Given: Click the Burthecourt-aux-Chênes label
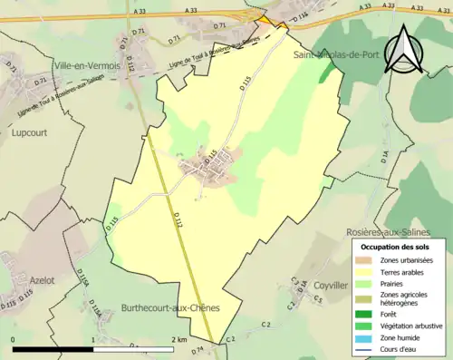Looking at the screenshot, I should pyautogui.click(x=170, y=308).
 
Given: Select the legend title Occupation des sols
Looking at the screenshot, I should pyautogui.click(x=397, y=247).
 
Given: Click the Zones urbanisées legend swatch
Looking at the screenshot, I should pyautogui.click(x=365, y=261).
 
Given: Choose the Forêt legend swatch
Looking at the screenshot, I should pyautogui.click(x=365, y=314).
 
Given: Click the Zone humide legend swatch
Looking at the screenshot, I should pyautogui.click(x=365, y=338).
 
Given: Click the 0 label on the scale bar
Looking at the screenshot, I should pyautogui.click(x=13, y=340).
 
